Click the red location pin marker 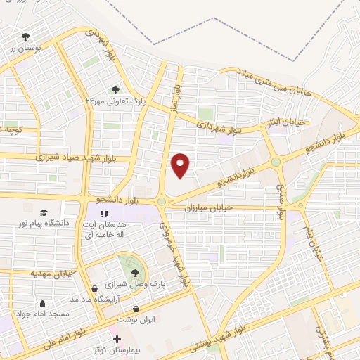pos(181,165)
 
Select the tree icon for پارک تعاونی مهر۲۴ pos(116,90)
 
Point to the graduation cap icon pos(44,212)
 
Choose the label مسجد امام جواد pos(44,314)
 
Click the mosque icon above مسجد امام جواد pos(43,304)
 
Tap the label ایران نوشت pos(136,319)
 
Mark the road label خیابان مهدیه pos(52,271)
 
